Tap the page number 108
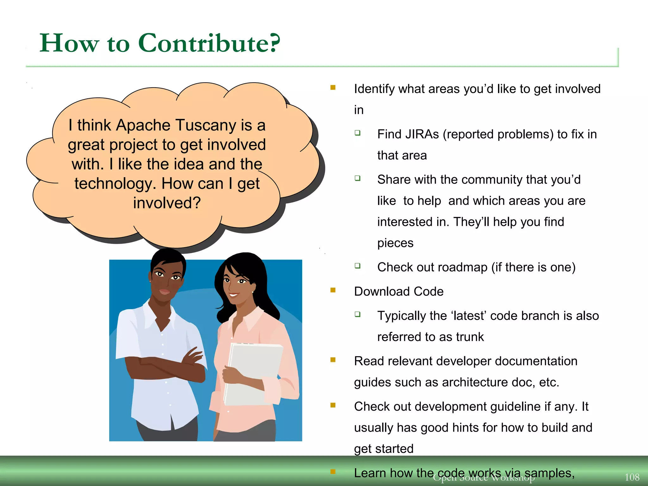coord(632,477)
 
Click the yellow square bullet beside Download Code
coord(333,290)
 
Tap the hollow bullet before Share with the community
coord(358,178)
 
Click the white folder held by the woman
coord(253,373)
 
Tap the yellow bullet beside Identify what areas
coord(333,88)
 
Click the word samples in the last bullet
coord(549,473)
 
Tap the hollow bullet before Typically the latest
coord(358,314)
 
